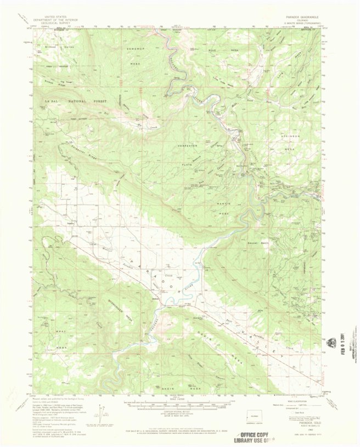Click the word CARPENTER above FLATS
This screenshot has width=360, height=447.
coord(187,145)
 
